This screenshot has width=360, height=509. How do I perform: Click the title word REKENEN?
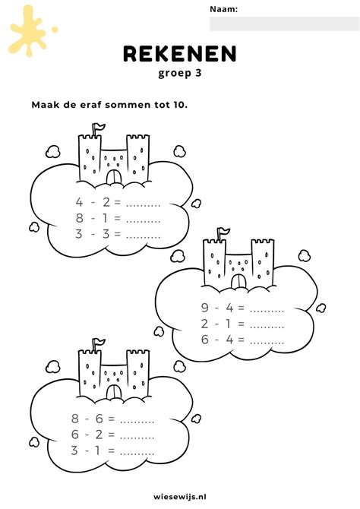coord(179,54)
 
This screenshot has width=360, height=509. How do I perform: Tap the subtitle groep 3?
coord(180,73)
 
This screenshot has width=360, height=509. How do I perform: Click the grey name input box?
coord(284,24)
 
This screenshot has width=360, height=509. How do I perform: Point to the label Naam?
coord(223,9)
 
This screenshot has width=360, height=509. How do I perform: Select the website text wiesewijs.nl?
coord(180,496)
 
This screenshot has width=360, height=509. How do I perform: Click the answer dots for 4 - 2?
coord(143,205)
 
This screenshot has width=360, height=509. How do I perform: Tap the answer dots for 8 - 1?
coord(143,221)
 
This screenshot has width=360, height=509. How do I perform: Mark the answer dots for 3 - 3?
coord(143,237)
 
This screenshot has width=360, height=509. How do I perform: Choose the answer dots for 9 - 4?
coord(267,311)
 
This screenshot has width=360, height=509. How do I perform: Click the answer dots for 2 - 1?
coord(267,327)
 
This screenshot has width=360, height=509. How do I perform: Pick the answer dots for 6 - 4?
coord(267,343)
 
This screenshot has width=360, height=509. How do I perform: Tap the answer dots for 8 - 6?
coord(137,422)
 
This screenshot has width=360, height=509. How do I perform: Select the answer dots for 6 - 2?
coord(137,438)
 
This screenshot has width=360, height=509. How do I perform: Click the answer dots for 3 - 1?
coord(137,454)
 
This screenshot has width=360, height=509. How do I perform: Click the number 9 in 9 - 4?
coord(204,307)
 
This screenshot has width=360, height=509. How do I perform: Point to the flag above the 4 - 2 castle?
coord(99,126)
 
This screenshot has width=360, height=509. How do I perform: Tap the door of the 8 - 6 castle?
coord(114,393)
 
